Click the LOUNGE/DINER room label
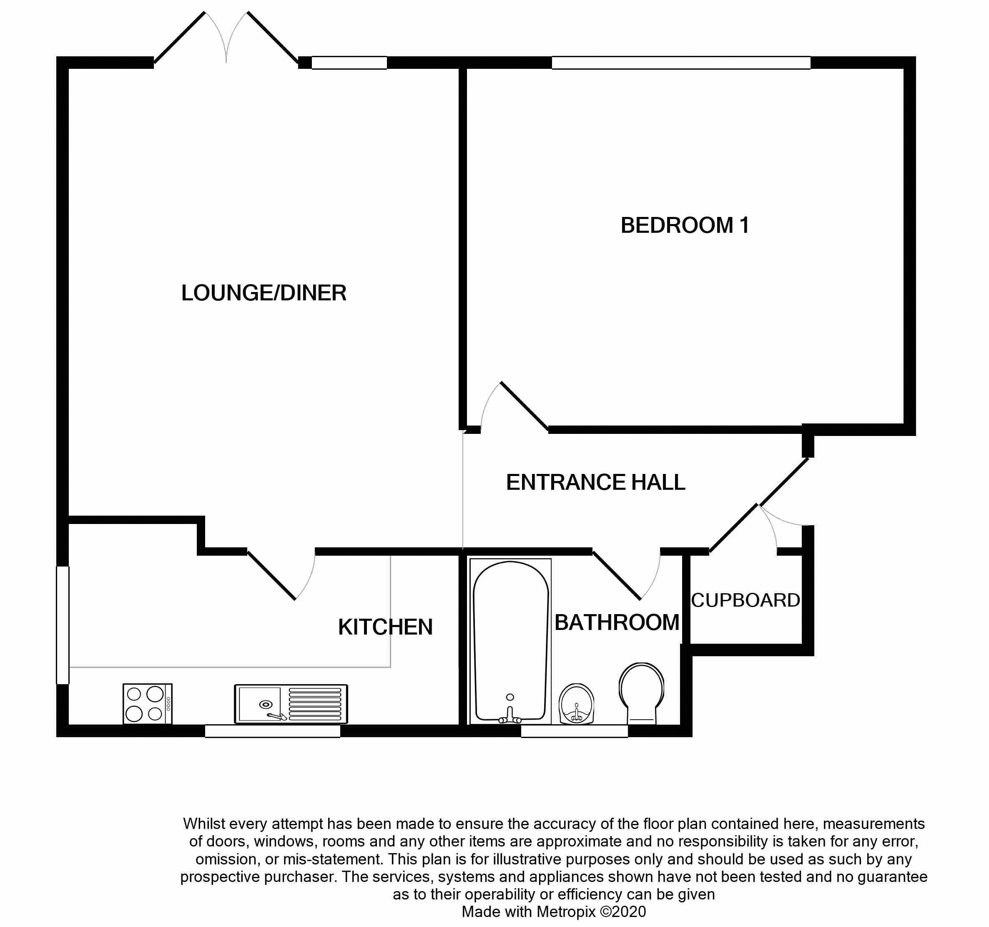[x=264, y=293]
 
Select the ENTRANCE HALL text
[x=595, y=482]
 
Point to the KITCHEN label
[x=385, y=627]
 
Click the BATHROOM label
[x=617, y=622]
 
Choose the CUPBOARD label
[x=745, y=600]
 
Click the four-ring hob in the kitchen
[x=147, y=703]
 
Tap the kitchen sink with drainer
[x=291, y=703]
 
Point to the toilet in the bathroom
[x=642, y=693]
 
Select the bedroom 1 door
[x=525, y=406]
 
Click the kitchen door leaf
[x=271, y=575]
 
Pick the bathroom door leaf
[x=616, y=574]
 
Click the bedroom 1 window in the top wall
[x=681, y=63]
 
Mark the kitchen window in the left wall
[x=63, y=625]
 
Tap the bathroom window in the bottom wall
[x=574, y=731]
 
